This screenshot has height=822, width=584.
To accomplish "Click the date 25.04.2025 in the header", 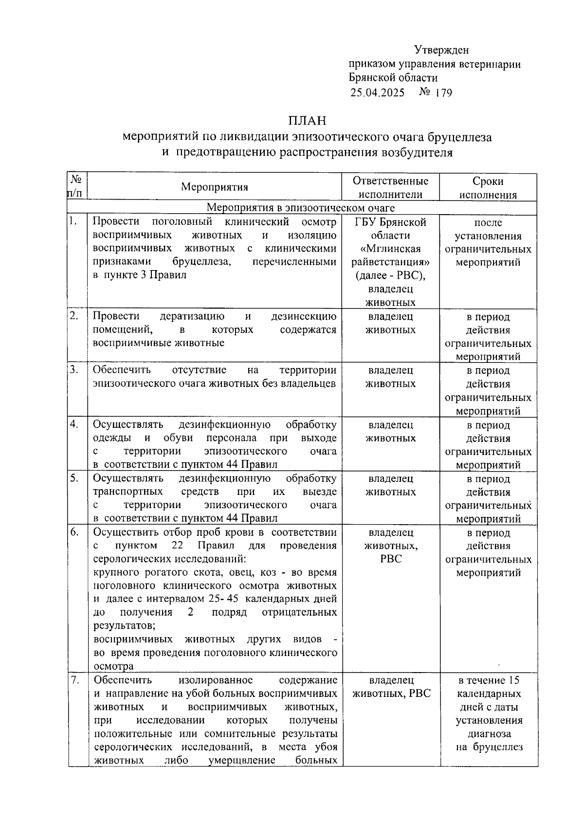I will (x=377, y=92).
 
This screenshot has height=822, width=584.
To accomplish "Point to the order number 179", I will (x=444, y=92).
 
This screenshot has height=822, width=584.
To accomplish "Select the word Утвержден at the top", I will (x=441, y=50).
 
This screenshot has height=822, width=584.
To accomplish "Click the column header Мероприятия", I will (x=215, y=187).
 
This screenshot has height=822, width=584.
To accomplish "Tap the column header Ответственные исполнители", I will (x=390, y=188).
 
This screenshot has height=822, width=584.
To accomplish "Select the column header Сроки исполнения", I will (x=488, y=188).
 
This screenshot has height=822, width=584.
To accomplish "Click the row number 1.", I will (x=73, y=222).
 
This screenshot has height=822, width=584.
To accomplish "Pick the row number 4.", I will (x=74, y=424).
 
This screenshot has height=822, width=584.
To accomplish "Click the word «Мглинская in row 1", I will (x=390, y=249).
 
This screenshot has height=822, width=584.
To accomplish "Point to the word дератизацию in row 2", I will (x=192, y=317).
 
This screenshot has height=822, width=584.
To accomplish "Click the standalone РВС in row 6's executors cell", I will (x=391, y=559).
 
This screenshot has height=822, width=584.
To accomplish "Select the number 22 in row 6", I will (x=177, y=546).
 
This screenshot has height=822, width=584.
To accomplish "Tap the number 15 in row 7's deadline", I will (x=514, y=680).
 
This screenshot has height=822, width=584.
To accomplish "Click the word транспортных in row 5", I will (x=128, y=492).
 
